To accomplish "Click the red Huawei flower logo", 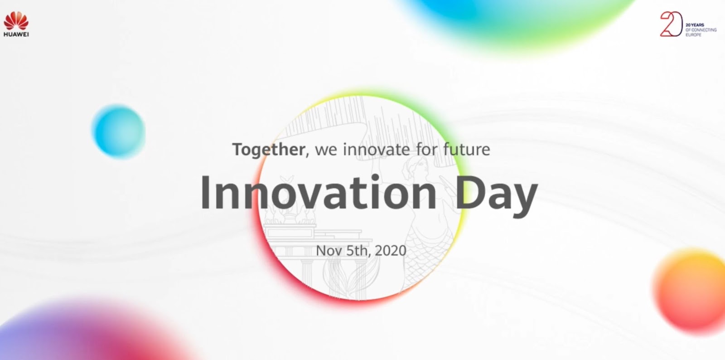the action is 16,21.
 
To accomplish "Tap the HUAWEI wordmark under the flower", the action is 16,34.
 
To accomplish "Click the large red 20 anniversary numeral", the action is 671,24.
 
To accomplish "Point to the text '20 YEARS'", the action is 695,25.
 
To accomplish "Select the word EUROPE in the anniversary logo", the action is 693,34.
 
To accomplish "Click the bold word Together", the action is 268,150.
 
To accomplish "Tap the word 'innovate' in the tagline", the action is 377,149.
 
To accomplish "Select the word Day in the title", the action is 497,195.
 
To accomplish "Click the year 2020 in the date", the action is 390,251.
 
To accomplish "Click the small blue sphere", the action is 119,131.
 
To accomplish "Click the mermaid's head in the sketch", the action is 416,168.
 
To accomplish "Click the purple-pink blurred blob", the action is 94,333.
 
